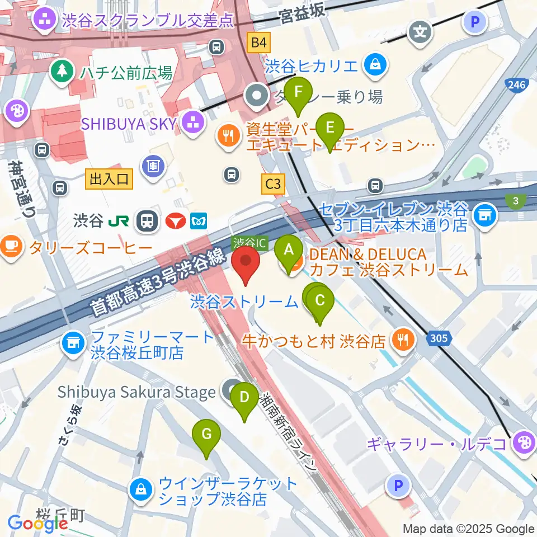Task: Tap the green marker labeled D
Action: click(244, 397)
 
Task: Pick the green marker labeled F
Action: click(299, 92)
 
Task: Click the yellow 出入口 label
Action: click(109, 179)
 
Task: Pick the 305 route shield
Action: click(438, 337)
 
